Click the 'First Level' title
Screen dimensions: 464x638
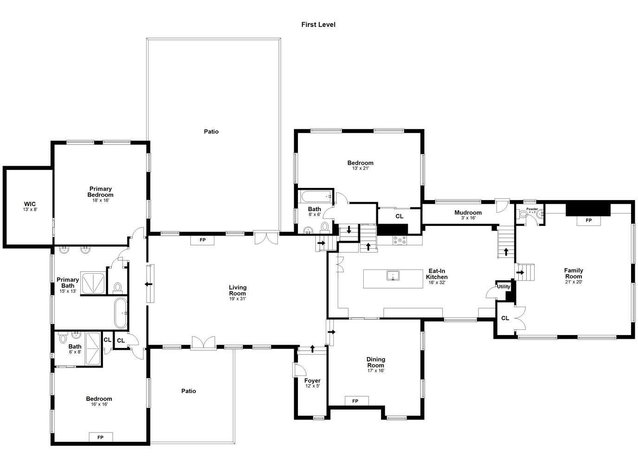(x=318, y=25)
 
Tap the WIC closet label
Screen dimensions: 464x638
(x=30, y=204)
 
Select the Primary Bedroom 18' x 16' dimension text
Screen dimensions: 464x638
(x=100, y=200)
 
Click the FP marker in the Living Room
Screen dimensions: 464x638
(x=202, y=240)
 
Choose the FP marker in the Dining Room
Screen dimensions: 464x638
(x=355, y=401)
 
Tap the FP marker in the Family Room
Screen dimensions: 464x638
(x=588, y=220)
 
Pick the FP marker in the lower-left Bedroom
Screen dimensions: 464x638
(x=100, y=437)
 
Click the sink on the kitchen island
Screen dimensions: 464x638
(x=393, y=276)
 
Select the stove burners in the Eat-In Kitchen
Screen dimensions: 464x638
(x=399, y=240)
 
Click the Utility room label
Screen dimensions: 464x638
(x=503, y=286)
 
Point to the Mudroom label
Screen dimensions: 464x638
(x=468, y=213)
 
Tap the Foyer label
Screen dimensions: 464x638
(x=312, y=380)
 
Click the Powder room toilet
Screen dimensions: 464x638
(x=523, y=214)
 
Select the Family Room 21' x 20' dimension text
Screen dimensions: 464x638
(x=574, y=282)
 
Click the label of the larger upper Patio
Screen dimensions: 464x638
(x=211, y=132)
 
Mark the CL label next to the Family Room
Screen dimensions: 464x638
(x=505, y=318)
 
